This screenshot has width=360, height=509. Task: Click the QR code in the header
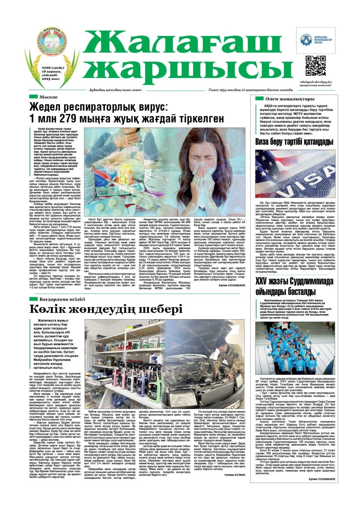tap(315, 66)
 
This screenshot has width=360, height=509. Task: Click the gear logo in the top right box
tap(306, 40)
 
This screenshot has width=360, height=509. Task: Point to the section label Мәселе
tap(49, 97)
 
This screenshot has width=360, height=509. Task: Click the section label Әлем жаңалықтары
tap(290, 99)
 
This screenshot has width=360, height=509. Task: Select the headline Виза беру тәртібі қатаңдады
tap(294, 142)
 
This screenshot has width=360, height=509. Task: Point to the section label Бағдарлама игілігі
tap(62, 299)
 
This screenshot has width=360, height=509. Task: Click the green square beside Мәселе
tap(33, 97)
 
